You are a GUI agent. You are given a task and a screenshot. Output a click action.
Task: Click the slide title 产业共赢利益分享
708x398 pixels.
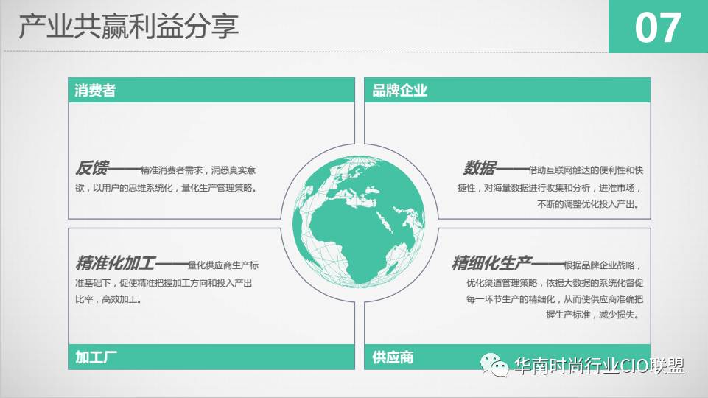[129, 27]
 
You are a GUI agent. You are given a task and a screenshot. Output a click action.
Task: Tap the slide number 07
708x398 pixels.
[658, 28]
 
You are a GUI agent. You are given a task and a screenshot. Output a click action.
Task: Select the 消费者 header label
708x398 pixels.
[95, 91]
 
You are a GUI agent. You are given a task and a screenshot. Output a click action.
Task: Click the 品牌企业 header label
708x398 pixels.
[399, 91]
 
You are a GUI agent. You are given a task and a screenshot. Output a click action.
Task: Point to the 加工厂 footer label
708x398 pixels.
[96, 357]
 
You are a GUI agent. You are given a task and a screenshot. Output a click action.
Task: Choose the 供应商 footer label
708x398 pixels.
[393, 357]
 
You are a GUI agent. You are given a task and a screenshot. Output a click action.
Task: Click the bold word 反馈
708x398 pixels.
[92, 168]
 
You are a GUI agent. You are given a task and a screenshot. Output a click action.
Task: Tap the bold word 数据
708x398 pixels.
[480, 168]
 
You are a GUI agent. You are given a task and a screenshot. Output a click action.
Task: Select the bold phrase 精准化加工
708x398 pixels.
[116, 263]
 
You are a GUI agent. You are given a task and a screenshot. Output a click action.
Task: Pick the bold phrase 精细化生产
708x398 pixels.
[491, 263]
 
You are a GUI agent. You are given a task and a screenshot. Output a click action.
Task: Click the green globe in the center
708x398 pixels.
[359, 222]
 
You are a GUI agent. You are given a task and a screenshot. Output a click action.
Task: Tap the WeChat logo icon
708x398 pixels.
[495, 365]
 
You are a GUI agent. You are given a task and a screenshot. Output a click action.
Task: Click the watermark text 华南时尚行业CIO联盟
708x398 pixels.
[599, 366]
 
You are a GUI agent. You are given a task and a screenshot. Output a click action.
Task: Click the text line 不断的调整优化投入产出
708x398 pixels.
[589, 205]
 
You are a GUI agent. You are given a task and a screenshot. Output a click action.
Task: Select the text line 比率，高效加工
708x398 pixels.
[108, 299]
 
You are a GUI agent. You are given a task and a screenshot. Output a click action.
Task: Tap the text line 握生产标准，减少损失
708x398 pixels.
[592, 315]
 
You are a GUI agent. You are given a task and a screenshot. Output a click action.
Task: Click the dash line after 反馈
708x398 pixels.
[125, 169]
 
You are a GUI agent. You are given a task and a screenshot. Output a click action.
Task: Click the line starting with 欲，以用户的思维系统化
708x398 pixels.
[166, 188]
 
